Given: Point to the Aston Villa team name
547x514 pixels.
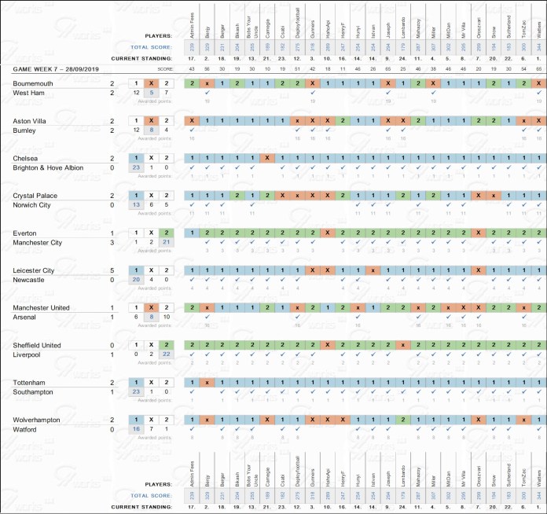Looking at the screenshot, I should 31,120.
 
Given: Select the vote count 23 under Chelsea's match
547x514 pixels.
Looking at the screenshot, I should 136,167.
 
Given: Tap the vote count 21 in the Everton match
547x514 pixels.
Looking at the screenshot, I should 166,242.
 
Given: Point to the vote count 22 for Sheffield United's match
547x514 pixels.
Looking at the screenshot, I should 166,354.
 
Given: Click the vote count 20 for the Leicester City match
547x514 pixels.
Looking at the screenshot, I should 136,280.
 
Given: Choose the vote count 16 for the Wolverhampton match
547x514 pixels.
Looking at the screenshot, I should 136,429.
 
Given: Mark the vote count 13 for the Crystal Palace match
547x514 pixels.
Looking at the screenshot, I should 136,205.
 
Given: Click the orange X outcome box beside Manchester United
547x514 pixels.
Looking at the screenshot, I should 151,307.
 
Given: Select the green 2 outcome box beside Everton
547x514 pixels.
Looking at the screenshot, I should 166,233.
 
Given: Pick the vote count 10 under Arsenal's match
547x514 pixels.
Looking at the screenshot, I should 166,317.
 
